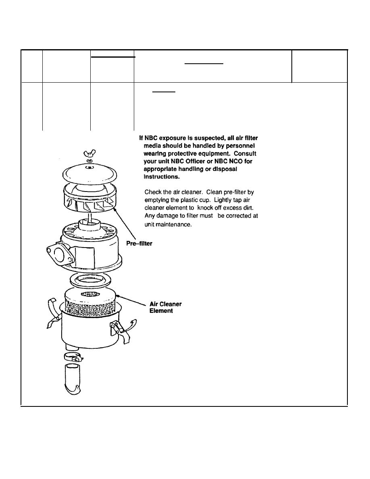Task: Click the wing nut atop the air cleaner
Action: point(89,152)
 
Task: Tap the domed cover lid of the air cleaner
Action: point(89,174)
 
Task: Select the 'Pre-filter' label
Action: point(139,244)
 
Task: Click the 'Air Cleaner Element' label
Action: point(166,307)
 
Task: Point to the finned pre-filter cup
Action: point(91,199)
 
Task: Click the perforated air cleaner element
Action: point(90,302)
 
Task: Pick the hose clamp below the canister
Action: point(74,356)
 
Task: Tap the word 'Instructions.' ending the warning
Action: point(162,177)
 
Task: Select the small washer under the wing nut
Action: point(89,161)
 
